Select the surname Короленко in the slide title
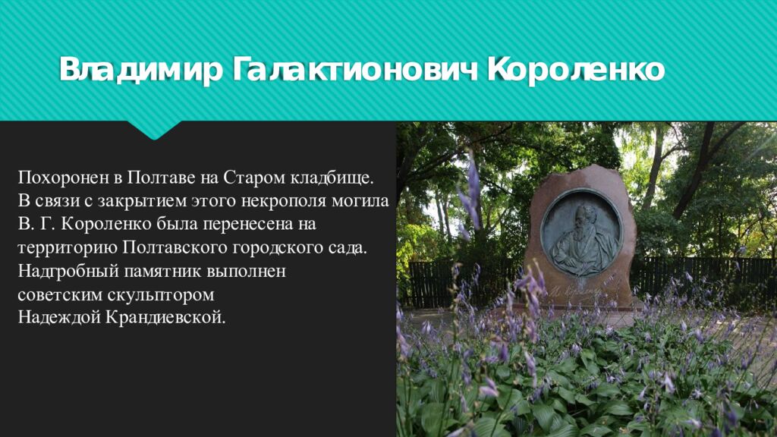coord(577,71)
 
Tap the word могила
coord(367,202)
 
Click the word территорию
coord(58,248)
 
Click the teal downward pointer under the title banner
coord(155,130)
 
